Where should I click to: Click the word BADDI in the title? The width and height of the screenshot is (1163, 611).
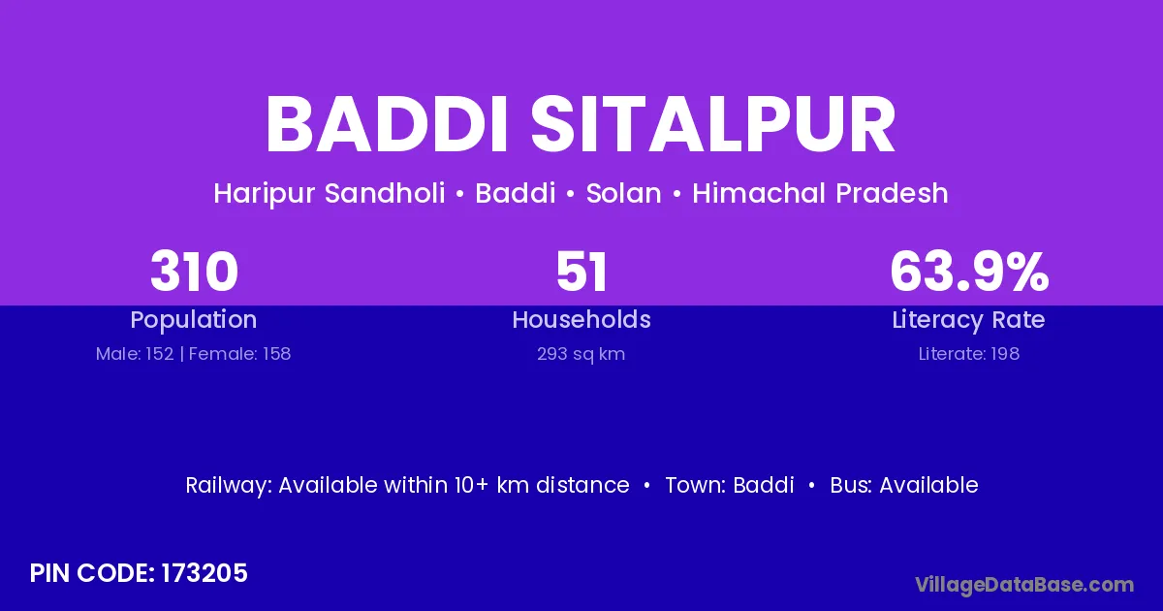[386, 125]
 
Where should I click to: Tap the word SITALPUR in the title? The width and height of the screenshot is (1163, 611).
[713, 125]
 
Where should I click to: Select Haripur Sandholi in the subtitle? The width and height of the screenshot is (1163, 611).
[330, 194]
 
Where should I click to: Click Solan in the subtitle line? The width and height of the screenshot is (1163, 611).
[623, 193]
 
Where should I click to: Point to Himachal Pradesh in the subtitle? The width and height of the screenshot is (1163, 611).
[820, 193]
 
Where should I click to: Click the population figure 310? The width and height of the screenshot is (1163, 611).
[194, 272]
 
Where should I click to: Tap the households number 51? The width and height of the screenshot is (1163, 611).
[581, 272]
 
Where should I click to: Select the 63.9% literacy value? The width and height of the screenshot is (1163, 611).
[969, 272]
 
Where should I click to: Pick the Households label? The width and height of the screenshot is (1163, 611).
[581, 319]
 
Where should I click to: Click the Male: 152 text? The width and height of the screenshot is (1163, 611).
[135, 354]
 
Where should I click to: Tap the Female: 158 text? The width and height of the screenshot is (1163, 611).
[240, 354]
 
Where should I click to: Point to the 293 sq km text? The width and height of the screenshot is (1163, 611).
[581, 354]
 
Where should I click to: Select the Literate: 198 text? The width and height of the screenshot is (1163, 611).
[969, 354]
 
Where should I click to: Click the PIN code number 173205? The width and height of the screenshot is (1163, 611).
[204, 573]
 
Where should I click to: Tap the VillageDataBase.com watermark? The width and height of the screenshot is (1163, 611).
[1024, 585]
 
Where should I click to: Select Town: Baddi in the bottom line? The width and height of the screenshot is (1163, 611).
[730, 485]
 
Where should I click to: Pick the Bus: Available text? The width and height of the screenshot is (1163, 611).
[904, 485]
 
